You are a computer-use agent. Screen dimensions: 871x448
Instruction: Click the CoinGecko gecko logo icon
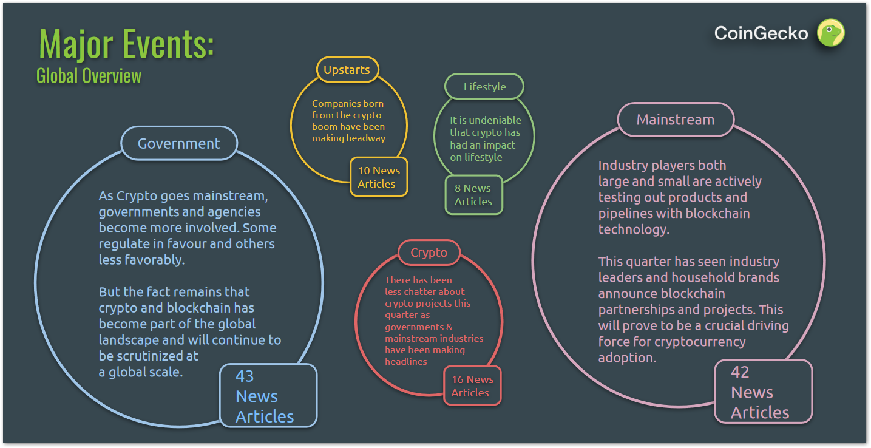coord(830,33)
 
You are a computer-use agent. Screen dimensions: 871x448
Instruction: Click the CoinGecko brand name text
coord(761,33)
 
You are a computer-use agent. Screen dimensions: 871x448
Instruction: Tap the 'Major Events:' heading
coord(126,44)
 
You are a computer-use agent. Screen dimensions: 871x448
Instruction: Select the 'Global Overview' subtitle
coord(89,76)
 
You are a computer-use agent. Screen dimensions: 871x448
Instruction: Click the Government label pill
coord(179,143)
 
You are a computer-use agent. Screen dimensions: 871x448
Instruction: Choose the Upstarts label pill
coord(347,70)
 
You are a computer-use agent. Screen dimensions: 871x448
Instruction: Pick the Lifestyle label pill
coord(484,86)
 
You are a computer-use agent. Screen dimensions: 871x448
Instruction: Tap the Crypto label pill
coord(429,253)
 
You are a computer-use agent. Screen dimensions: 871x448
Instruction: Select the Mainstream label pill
coord(676,120)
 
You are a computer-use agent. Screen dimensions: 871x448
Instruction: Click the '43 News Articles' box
coord(268,396)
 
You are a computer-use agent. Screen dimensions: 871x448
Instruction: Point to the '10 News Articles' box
coord(379,177)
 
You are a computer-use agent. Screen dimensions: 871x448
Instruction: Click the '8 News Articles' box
coord(473,195)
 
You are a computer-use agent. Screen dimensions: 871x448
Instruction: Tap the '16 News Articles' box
coord(472,386)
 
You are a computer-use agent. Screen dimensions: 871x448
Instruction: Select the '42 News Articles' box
coord(764,391)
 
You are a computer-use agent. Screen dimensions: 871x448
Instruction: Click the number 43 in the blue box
coord(245,376)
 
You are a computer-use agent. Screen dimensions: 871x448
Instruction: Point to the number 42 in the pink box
coord(740,372)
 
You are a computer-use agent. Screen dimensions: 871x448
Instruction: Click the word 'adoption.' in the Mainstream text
coord(627,358)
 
